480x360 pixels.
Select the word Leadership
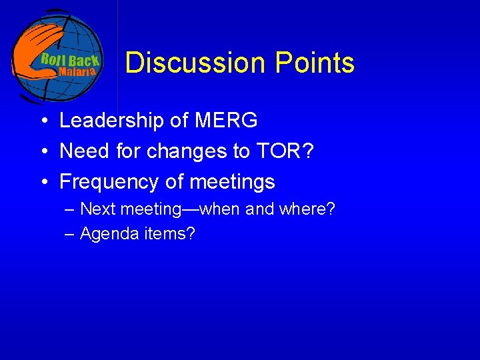click(111, 121)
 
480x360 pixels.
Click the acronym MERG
click(226, 121)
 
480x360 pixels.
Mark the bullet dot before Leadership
click(42, 121)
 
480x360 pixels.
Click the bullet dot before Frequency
click(42, 182)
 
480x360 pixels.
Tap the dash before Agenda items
click(71, 234)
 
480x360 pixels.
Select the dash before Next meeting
click(71, 209)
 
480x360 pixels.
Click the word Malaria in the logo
click(78, 71)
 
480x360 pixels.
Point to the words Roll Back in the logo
click(69, 59)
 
